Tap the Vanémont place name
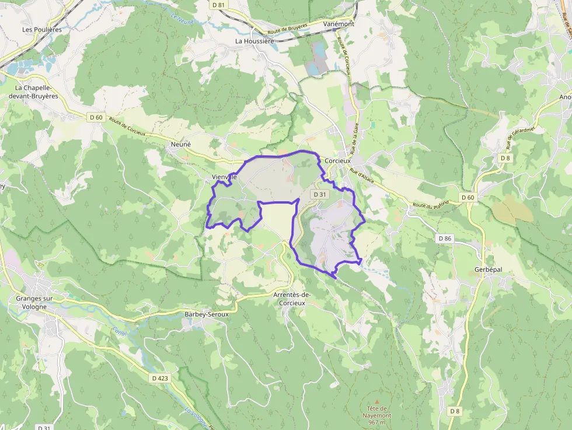coord(339,24)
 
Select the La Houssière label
coord(254,41)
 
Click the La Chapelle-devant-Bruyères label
coord(37,92)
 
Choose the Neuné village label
coord(180,144)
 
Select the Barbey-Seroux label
coord(206,313)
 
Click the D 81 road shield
coord(218,4)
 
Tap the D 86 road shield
coord(445,238)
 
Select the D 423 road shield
coord(160,378)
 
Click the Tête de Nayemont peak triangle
coord(376,401)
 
